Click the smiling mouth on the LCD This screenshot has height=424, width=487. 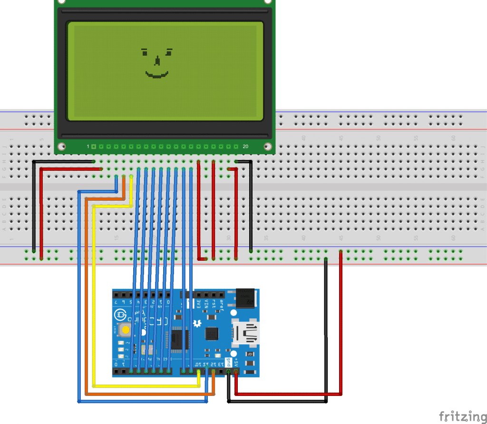156,75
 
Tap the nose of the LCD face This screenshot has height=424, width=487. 157,61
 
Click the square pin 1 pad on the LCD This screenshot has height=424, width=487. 94,146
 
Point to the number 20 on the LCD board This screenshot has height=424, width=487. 245,146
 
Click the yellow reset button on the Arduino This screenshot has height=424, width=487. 126,330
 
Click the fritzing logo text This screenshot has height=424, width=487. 459,416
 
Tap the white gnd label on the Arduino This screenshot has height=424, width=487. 228,362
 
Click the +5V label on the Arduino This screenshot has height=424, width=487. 235,361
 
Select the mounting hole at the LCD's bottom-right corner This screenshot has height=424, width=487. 267,146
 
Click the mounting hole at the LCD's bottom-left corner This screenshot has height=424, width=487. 61,146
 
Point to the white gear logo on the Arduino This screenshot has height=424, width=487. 196,324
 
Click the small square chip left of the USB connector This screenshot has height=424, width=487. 211,334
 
